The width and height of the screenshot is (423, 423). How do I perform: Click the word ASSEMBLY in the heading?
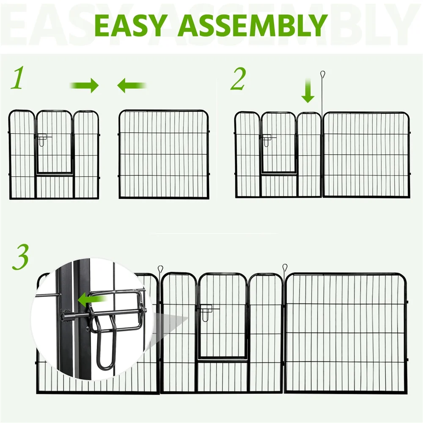pyautogui.click(x=252, y=25)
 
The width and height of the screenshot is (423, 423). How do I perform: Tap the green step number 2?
pyautogui.click(x=238, y=80)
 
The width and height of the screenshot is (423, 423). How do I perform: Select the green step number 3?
pyautogui.click(x=20, y=257)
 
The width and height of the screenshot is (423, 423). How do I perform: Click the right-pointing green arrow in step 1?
pyautogui.click(x=85, y=85)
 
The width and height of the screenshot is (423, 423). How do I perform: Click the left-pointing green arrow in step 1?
pyautogui.click(x=132, y=85)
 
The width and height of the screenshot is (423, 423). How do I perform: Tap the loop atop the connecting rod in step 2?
pyautogui.click(x=322, y=74)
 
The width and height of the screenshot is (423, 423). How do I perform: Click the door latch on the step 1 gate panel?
pyautogui.click(x=43, y=140)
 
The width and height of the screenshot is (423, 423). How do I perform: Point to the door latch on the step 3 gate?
pyautogui.click(x=207, y=313)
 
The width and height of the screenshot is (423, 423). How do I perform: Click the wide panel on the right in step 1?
pyautogui.click(x=164, y=154)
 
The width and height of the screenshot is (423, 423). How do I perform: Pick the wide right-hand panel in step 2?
pyautogui.click(x=366, y=155)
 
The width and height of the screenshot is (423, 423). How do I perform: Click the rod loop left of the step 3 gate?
pyautogui.click(x=160, y=269)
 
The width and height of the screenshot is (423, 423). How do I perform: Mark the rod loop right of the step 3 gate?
pyautogui.click(x=285, y=268)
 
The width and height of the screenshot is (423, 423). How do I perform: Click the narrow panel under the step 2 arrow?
pyautogui.click(x=309, y=154)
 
